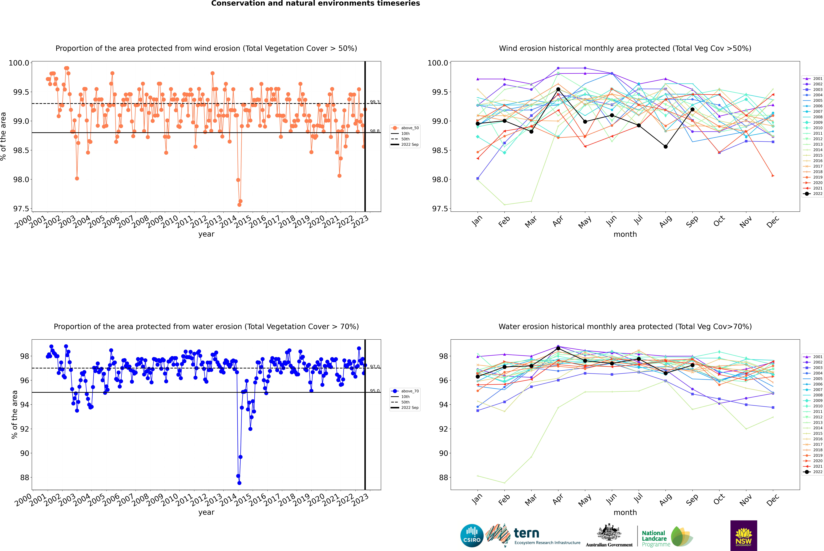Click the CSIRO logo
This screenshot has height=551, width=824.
tap(472, 536)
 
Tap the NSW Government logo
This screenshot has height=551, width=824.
tap(744, 536)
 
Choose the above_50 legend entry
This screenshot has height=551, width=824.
tap(405, 128)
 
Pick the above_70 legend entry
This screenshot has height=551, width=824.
tap(405, 391)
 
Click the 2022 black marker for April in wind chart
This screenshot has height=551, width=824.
tap(558, 89)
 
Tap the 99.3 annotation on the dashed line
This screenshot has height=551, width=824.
tap(375, 102)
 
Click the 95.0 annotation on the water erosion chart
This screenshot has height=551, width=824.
tap(375, 391)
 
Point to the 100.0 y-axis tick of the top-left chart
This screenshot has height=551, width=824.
tap(19, 63)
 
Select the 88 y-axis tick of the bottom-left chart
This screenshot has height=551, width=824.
tap(25, 478)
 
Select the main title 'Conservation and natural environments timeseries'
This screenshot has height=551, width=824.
tap(315, 3)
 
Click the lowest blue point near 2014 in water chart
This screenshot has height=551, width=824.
tap(239, 483)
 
